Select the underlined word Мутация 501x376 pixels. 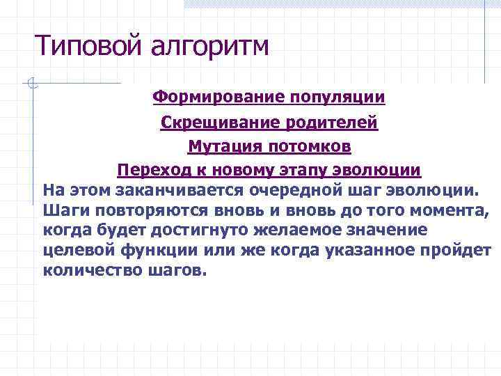click(x=221, y=147)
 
